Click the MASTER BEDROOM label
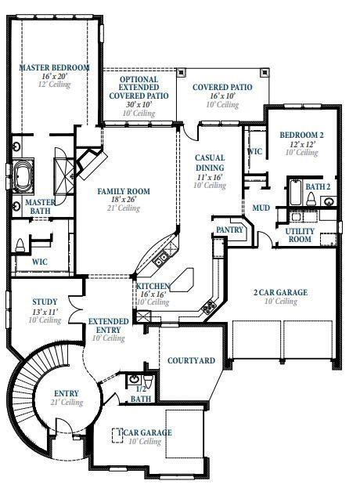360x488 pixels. tap(55, 68)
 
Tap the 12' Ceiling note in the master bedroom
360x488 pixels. tap(55, 85)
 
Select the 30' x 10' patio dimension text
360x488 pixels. tap(139, 104)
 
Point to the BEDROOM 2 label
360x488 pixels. tap(301, 135)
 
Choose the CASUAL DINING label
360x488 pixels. tap(210, 162)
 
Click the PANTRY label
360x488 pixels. tap(229, 230)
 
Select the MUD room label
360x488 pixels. tap(261, 208)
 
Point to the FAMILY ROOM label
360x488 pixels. tap(123, 191)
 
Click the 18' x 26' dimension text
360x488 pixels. tap(123, 200)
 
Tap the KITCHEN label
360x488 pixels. tap(153, 287)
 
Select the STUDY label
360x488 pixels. tap(45, 302)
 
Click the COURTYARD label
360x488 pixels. tap(192, 361)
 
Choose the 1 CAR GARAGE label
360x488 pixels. tap(145, 432)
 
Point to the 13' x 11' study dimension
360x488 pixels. tap(45, 312)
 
